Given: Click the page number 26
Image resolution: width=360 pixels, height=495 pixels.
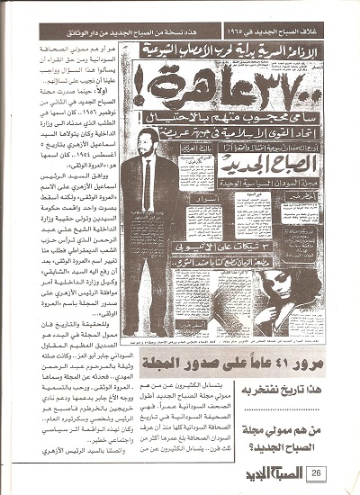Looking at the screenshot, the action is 319,472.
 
